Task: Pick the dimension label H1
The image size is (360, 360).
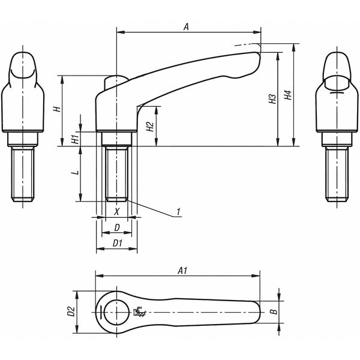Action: point(75,139)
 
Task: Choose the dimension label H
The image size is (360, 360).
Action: point(56,109)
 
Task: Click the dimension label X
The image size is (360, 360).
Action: point(117,211)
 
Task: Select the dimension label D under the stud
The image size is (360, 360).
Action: point(117,227)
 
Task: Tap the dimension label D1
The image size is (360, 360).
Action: point(118,243)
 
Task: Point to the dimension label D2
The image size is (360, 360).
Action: point(70,311)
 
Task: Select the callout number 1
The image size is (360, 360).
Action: point(178,211)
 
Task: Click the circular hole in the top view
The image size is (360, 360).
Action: point(114,311)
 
